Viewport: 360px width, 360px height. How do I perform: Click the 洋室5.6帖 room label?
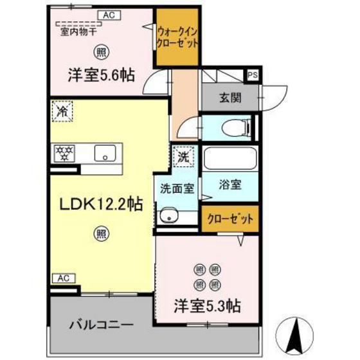tap(101, 75)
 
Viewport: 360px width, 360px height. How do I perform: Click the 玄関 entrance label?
tap(229, 98)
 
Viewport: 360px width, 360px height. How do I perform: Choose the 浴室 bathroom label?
tap(230, 185)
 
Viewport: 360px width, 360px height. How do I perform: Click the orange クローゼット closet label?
tap(230, 219)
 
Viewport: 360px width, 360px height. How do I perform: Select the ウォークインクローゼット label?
tap(177, 37)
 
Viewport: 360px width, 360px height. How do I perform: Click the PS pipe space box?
tap(253, 75)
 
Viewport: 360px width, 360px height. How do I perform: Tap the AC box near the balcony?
tap(62, 278)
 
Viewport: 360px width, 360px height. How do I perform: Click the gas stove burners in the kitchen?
tap(64, 154)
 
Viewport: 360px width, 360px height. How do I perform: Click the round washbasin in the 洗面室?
tap(169, 216)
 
